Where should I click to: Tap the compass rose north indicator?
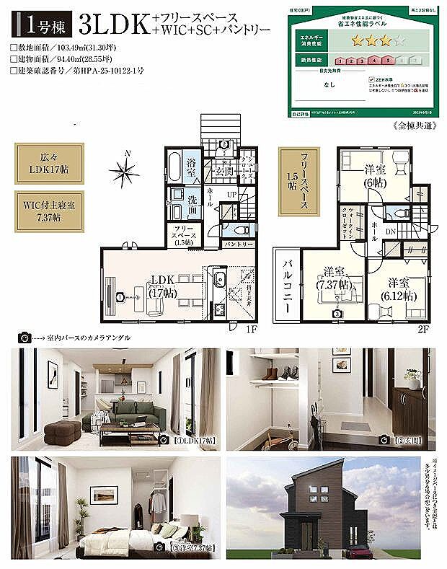[x=124, y=171]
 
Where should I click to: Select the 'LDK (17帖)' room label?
[x=162, y=286]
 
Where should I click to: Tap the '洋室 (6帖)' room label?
[x=374, y=175]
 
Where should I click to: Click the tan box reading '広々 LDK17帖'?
[x=45, y=164]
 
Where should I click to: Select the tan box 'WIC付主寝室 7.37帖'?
[x=45, y=211]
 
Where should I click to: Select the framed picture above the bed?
[x=103, y=495]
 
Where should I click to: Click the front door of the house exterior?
[x=308, y=534]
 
